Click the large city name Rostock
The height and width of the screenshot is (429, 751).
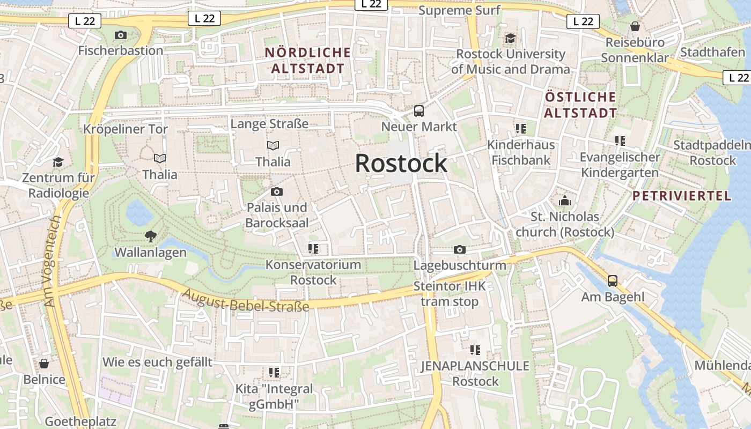401,163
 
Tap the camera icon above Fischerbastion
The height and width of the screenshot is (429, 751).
121,35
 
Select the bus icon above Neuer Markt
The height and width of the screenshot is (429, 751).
419,111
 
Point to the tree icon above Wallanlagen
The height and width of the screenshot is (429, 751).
151,235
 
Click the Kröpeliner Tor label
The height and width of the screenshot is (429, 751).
125,129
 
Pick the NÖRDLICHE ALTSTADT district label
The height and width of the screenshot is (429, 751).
308,60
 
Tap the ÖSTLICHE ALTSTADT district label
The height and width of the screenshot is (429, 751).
580,105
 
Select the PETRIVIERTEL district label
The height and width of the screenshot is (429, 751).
681,196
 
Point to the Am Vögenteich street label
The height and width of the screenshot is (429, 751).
52,261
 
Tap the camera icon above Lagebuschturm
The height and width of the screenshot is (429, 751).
459,249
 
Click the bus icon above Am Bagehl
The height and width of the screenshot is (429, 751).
612,280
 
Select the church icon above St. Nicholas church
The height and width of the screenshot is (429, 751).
564,201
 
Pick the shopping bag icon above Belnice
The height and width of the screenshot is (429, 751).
44,364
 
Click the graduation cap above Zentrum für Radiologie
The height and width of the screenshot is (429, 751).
58,162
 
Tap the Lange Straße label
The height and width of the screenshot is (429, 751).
269,124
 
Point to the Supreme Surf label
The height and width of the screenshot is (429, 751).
459,10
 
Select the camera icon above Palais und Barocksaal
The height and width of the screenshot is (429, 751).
277,191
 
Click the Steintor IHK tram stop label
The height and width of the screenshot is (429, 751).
450,294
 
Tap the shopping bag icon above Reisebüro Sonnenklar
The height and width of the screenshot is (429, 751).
635,26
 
